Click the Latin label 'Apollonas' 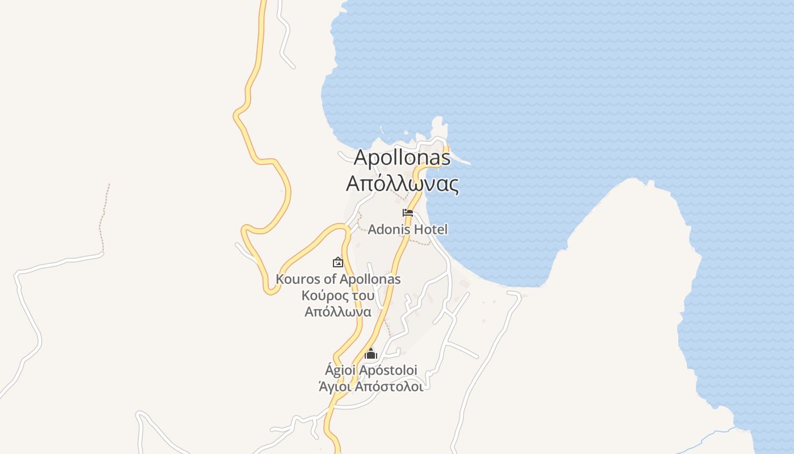(x=402, y=157)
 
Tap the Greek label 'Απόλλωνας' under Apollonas (x=402, y=184)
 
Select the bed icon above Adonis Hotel (x=408, y=213)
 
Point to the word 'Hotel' (x=430, y=229)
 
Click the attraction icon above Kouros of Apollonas (x=338, y=262)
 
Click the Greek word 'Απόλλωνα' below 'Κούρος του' (x=338, y=312)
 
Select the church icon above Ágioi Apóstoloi (x=371, y=354)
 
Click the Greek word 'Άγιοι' (x=333, y=386)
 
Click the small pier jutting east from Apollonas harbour (x=461, y=161)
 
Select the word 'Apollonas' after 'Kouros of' (x=371, y=279)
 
